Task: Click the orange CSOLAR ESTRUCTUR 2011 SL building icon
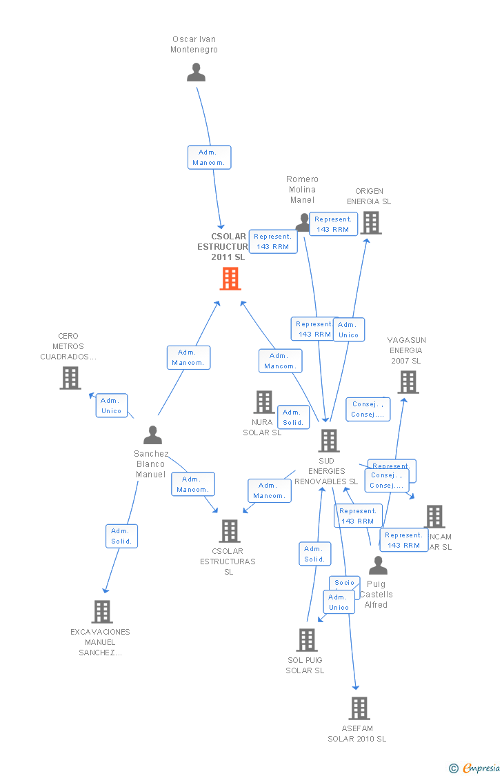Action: pyautogui.click(x=230, y=279)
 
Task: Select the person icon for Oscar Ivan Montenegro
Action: pyautogui.click(x=197, y=72)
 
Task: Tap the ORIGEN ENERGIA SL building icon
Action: pyautogui.click(x=370, y=223)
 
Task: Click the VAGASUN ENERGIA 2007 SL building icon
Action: pyautogui.click(x=408, y=382)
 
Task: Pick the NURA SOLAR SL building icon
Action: pyautogui.click(x=264, y=402)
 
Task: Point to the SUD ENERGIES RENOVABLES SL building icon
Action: pyautogui.click(x=329, y=441)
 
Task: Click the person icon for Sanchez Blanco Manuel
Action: pyautogui.click(x=152, y=435)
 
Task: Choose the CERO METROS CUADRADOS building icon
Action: pyautogui.click(x=70, y=378)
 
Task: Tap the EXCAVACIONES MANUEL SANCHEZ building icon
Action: pyautogui.click(x=102, y=612)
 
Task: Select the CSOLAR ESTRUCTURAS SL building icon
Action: pyautogui.click(x=230, y=531)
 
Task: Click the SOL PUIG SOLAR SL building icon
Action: pyautogui.click(x=307, y=640)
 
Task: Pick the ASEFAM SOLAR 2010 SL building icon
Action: pyautogui.click(x=359, y=708)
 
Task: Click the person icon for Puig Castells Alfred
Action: pyautogui.click(x=378, y=566)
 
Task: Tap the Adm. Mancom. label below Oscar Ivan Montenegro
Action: pyautogui.click(x=209, y=157)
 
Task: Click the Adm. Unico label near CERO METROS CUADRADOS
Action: pyautogui.click(x=111, y=406)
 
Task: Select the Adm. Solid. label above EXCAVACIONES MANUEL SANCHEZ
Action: pyautogui.click(x=121, y=536)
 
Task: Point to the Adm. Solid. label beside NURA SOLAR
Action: pyautogui.click(x=293, y=417)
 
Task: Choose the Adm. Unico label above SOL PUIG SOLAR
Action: pyautogui.click(x=339, y=602)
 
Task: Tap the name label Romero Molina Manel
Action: pyautogui.click(x=302, y=190)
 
